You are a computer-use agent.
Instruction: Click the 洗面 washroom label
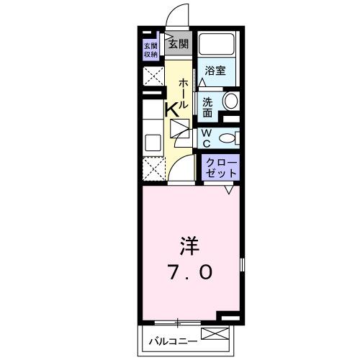pyautogui.click(x=208, y=107)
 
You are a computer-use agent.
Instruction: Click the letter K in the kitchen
pyautogui.click(x=173, y=110)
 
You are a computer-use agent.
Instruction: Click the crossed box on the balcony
pyautogui.click(x=214, y=334)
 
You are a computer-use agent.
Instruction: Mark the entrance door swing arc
pyautogui.click(x=174, y=16)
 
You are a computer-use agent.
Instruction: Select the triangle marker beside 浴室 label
pyautogui.click(x=202, y=82)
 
